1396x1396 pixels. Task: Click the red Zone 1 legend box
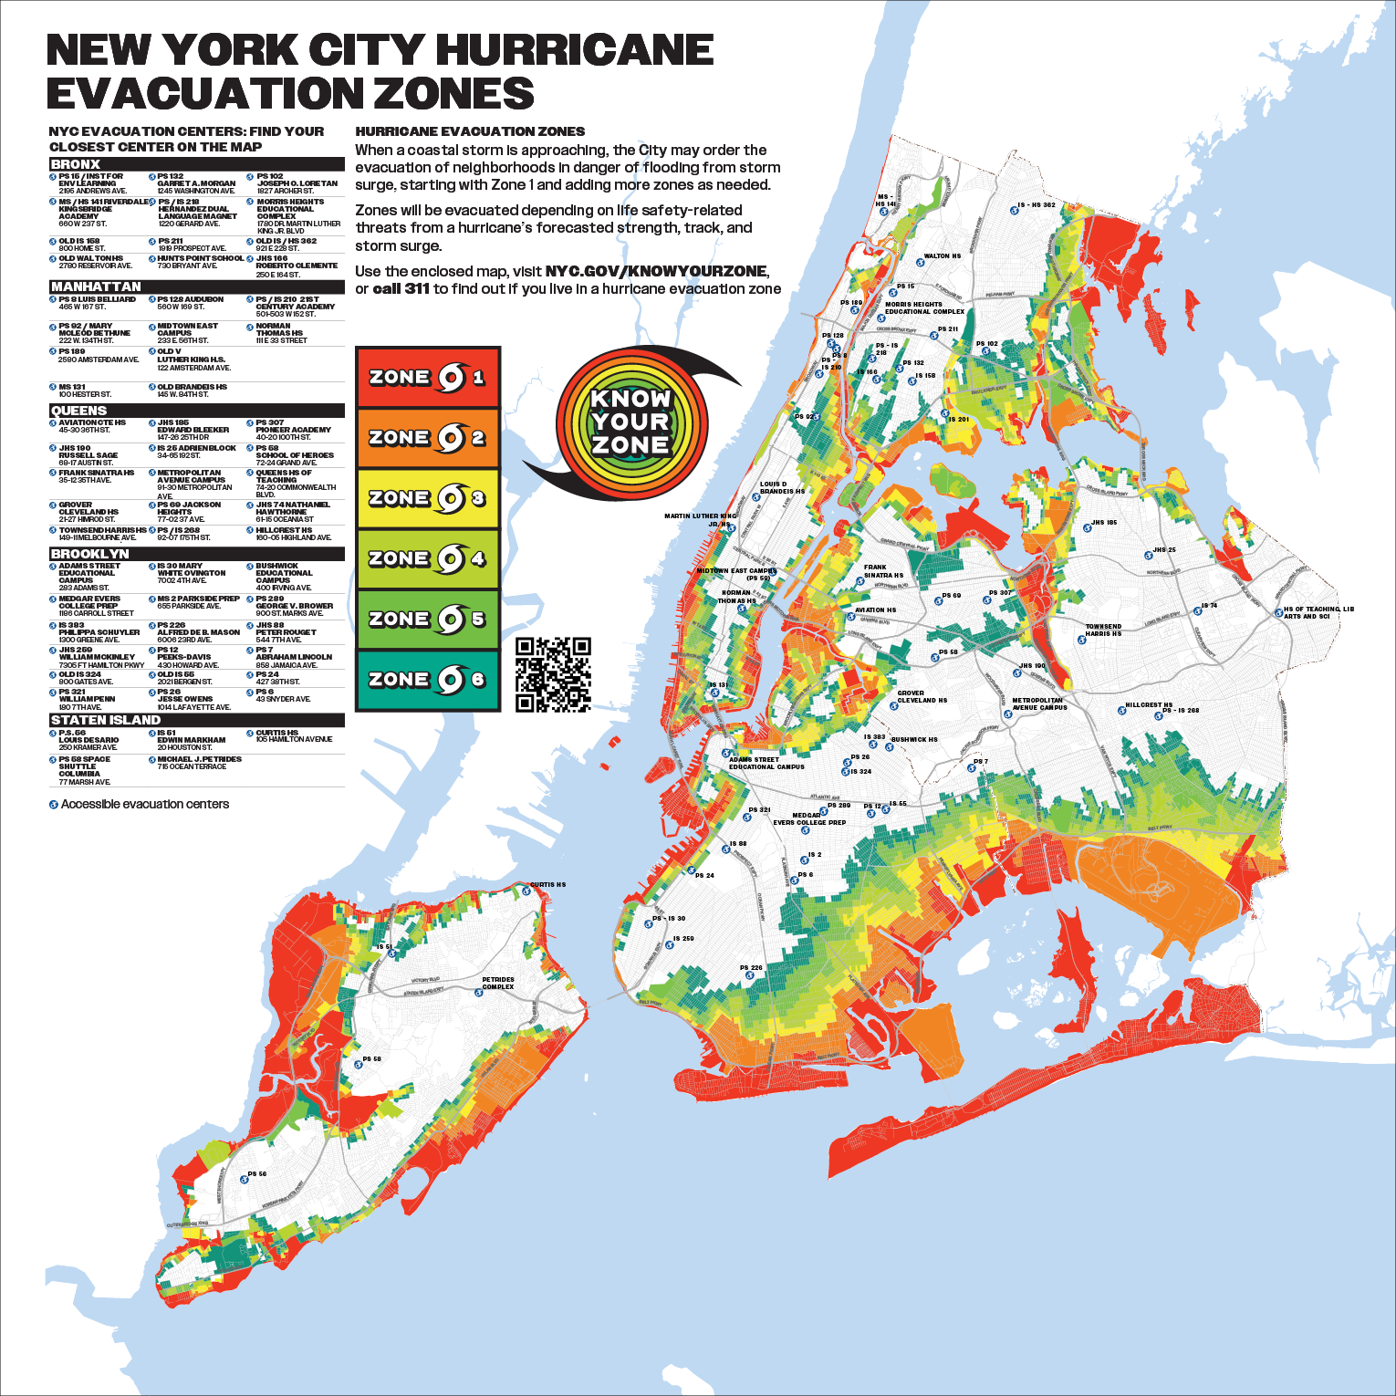coord(427,377)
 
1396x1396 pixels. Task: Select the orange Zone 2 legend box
coord(427,438)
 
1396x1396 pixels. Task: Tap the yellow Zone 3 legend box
coord(427,498)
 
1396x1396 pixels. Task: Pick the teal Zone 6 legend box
coord(427,680)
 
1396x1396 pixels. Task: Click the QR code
coord(553,674)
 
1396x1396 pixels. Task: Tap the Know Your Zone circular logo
coord(630,422)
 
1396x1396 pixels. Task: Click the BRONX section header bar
coord(196,164)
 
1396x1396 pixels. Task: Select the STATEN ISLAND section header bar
coord(196,720)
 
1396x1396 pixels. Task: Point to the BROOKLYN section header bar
coord(196,554)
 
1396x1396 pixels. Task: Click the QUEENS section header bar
coord(196,411)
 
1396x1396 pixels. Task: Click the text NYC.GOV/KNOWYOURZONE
coord(656,271)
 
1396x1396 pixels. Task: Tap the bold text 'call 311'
coord(401,288)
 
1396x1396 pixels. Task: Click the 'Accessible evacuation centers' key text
coord(144,804)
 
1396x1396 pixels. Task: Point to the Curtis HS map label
coord(547,884)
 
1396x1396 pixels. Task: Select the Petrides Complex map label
coord(498,983)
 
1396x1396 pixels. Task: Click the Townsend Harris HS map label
coord(1103,630)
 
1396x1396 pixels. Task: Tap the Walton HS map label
coord(942,256)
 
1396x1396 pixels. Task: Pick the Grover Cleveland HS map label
coord(922,696)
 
